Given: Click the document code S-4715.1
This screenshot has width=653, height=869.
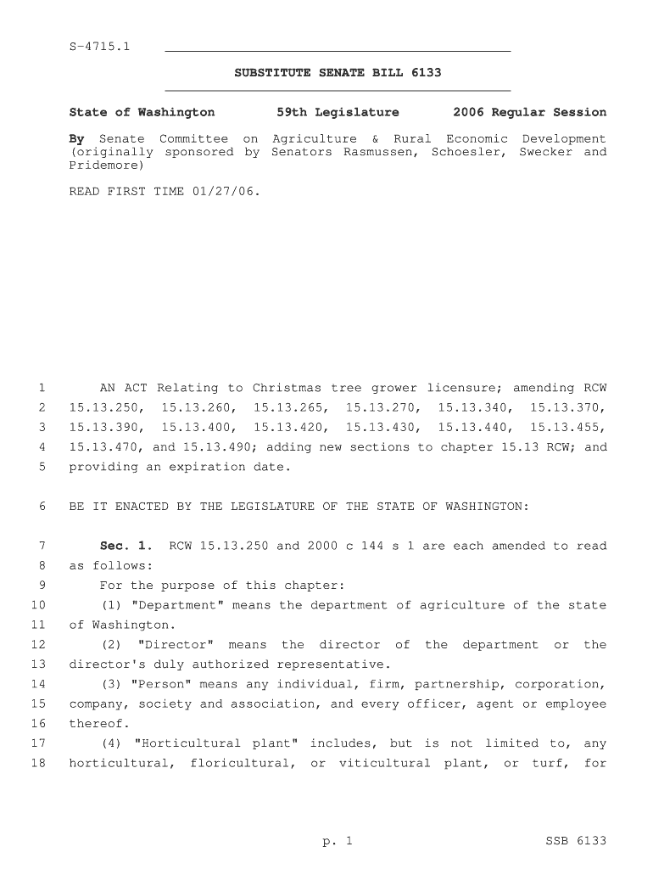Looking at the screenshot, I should coord(99,45).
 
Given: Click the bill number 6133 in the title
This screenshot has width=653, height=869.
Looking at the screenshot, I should coord(426,73).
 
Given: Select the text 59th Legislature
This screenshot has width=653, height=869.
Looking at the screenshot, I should coord(338,112).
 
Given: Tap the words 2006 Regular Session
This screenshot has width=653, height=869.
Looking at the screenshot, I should coord(529,112).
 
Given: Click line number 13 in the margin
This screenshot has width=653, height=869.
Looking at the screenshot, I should coord(37,664).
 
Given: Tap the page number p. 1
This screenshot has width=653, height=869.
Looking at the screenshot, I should coord(337,841).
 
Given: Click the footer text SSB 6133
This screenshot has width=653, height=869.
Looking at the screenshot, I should coord(575,841).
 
